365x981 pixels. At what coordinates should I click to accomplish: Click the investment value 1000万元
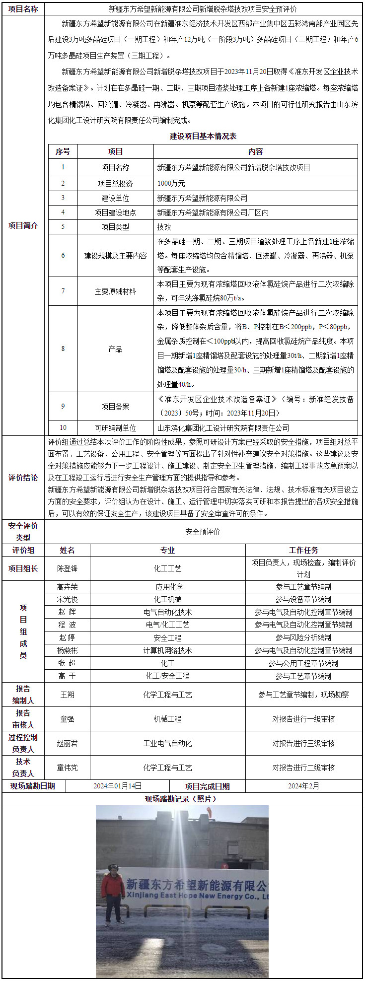(171, 183)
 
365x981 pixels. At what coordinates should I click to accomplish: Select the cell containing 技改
(164, 227)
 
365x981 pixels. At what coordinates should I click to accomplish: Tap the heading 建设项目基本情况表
(203, 136)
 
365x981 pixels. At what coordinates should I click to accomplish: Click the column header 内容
(255, 151)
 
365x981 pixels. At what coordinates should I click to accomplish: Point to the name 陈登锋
(67, 568)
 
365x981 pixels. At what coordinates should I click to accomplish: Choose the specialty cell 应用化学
(168, 587)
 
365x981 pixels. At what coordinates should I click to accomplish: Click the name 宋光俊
(67, 599)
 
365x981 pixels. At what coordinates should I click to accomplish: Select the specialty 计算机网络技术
(168, 650)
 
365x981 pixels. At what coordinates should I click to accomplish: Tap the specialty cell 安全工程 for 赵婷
(168, 638)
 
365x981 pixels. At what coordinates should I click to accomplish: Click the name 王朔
(67, 695)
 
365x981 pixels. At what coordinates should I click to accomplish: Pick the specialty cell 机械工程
(168, 719)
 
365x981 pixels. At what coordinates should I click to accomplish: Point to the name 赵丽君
(67, 743)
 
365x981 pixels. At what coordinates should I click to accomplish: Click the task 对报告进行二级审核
(303, 768)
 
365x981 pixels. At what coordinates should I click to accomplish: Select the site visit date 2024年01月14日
(118, 786)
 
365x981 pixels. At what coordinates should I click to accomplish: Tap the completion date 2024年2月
(303, 786)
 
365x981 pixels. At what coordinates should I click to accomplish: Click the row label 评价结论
(23, 478)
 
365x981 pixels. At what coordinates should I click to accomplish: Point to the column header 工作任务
(303, 550)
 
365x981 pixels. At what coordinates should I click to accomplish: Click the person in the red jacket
(113, 893)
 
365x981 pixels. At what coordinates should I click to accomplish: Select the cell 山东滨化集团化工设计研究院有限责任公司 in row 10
(223, 428)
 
